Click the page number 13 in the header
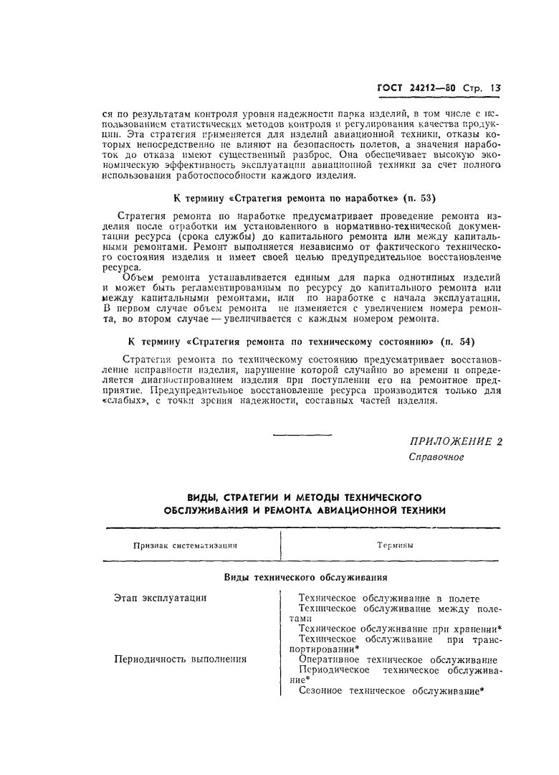pyautogui.click(x=495, y=89)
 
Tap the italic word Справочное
pyautogui.click(x=436, y=457)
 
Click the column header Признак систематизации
pyautogui.click(x=185, y=545)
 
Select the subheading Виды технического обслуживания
pyautogui.click(x=306, y=576)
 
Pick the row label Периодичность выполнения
pyautogui.click(x=180, y=659)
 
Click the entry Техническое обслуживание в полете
pyautogui.click(x=388, y=598)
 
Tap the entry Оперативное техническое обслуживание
pyautogui.click(x=398, y=659)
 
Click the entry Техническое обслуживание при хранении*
pyautogui.click(x=400, y=628)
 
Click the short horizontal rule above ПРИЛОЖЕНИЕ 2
pyautogui.click(x=303, y=435)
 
